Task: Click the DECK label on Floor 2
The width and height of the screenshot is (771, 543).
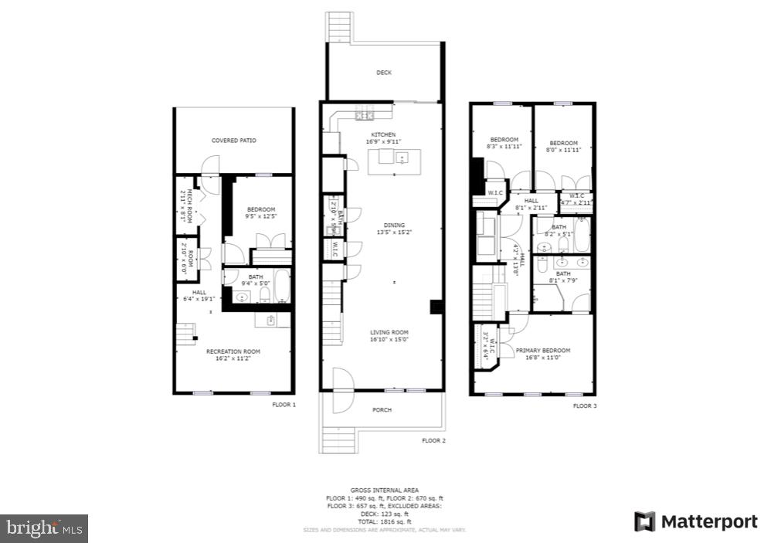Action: (x=384, y=73)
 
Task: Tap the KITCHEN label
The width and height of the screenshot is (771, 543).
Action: (x=383, y=134)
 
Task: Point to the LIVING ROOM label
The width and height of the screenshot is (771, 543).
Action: (x=389, y=332)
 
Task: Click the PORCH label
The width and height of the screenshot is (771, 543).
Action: (x=382, y=409)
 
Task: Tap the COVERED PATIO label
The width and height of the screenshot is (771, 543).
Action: (x=234, y=141)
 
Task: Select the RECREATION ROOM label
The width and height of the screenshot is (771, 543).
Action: (x=233, y=351)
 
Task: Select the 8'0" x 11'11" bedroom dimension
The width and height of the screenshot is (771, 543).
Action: (x=564, y=150)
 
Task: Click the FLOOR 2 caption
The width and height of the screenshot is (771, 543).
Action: (x=433, y=440)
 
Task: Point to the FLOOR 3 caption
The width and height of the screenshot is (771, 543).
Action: (x=584, y=405)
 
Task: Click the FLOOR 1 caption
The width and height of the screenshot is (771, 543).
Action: (x=284, y=404)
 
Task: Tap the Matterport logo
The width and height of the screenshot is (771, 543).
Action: (x=696, y=522)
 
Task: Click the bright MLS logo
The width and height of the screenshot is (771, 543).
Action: (x=44, y=528)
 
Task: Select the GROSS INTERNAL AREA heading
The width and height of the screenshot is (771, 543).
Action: (x=385, y=490)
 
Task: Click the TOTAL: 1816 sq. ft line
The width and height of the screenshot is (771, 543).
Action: (x=385, y=522)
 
